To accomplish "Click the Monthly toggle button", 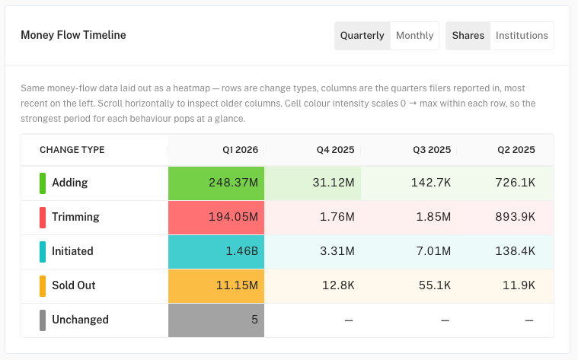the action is click(414, 35).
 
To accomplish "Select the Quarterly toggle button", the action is click(362, 35).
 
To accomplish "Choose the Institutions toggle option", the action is click(522, 35).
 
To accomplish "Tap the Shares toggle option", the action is click(468, 35).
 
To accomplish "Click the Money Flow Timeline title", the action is click(73, 35).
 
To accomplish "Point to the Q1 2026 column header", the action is click(241, 150).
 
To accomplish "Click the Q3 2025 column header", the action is click(432, 150).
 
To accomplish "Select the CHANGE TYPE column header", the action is click(72, 150).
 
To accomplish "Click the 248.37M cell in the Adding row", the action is click(216, 183).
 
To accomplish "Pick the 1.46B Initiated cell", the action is click(216, 252).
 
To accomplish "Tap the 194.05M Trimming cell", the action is click(216, 218).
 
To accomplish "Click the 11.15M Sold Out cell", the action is click(216, 286).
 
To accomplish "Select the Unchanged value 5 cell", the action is click(216, 320).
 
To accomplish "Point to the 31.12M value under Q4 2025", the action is click(334, 183).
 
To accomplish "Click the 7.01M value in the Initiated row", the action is click(433, 251).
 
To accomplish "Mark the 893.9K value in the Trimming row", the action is click(515, 217).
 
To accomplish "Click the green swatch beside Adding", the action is click(43, 183).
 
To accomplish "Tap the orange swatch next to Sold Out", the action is click(43, 286).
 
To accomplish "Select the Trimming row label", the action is click(75, 217).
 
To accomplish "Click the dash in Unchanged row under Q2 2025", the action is click(529, 320).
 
